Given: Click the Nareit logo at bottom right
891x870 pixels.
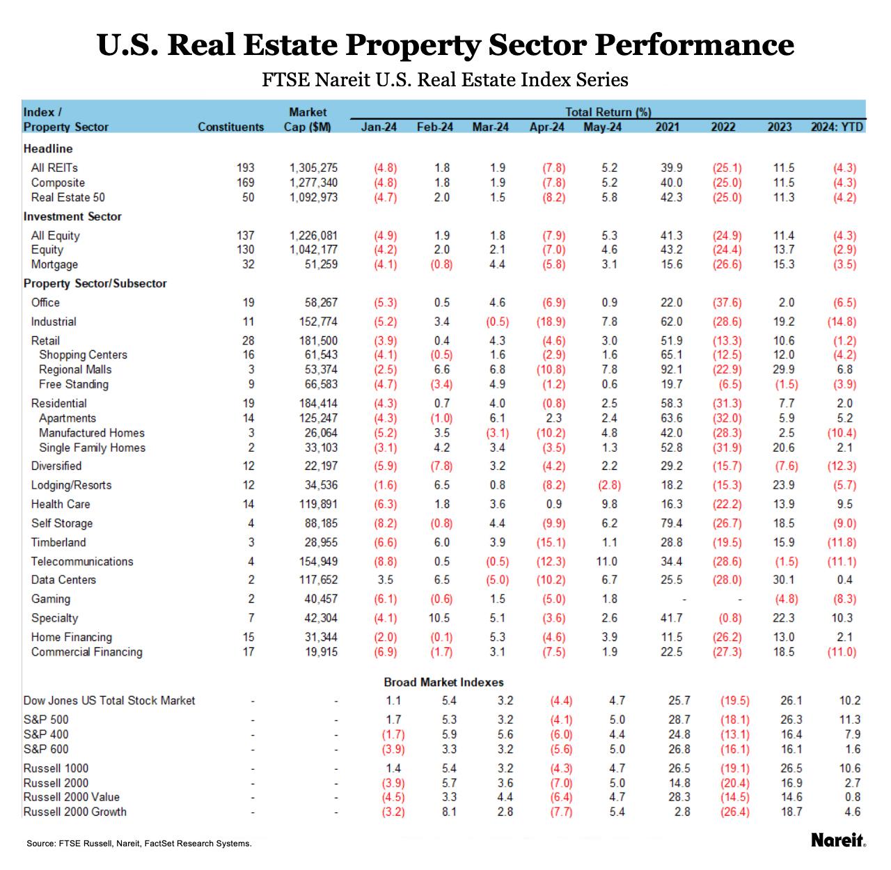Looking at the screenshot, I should point(838,840).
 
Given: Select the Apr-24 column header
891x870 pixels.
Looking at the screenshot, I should point(546,127).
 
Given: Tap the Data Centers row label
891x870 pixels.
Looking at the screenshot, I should point(63,580).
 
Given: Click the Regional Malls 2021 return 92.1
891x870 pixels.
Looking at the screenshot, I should point(671,370).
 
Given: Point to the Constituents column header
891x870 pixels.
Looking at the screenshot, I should point(230,127).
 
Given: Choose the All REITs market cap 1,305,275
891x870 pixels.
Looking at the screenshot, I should point(313,168).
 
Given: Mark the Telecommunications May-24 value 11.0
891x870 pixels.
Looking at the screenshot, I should point(606,561).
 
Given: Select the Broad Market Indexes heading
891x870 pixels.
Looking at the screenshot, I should point(443,682).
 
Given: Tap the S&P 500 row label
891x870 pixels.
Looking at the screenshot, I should point(46,720).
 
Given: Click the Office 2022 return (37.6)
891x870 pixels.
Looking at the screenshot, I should point(727,303).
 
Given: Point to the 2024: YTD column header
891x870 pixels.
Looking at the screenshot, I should point(837,127).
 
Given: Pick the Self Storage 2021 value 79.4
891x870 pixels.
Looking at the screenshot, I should point(671,523).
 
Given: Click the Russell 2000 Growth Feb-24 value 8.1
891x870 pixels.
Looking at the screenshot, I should point(449,812).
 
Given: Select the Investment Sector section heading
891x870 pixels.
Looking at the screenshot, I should point(72,216).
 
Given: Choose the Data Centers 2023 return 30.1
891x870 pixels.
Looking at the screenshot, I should point(783,580).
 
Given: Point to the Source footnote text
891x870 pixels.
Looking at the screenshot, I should point(139,844).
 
